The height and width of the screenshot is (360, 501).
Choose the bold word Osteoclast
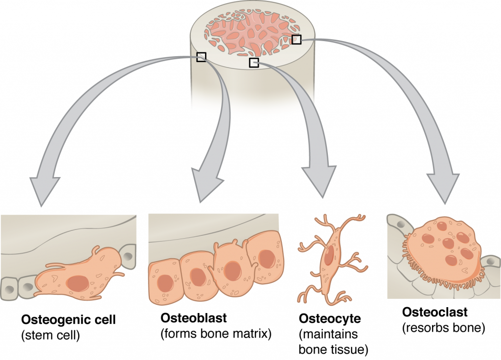pyautogui.click(x=435, y=312)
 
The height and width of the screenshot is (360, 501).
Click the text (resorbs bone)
pyautogui.click(x=443, y=328)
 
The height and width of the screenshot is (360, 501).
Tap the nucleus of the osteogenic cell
pyautogui.click(x=77, y=282)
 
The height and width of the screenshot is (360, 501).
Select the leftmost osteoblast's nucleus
pyautogui.click(x=164, y=283)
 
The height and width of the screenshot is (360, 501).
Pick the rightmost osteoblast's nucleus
pyautogui.click(x=267, y=257)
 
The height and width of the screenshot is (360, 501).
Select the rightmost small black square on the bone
pyautogui.click(x=296, y=40)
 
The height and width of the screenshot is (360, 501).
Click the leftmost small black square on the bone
pyautogui.click(x=201, y=57)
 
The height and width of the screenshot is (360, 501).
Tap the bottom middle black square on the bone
pyautogui.click(x=253, y=62)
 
